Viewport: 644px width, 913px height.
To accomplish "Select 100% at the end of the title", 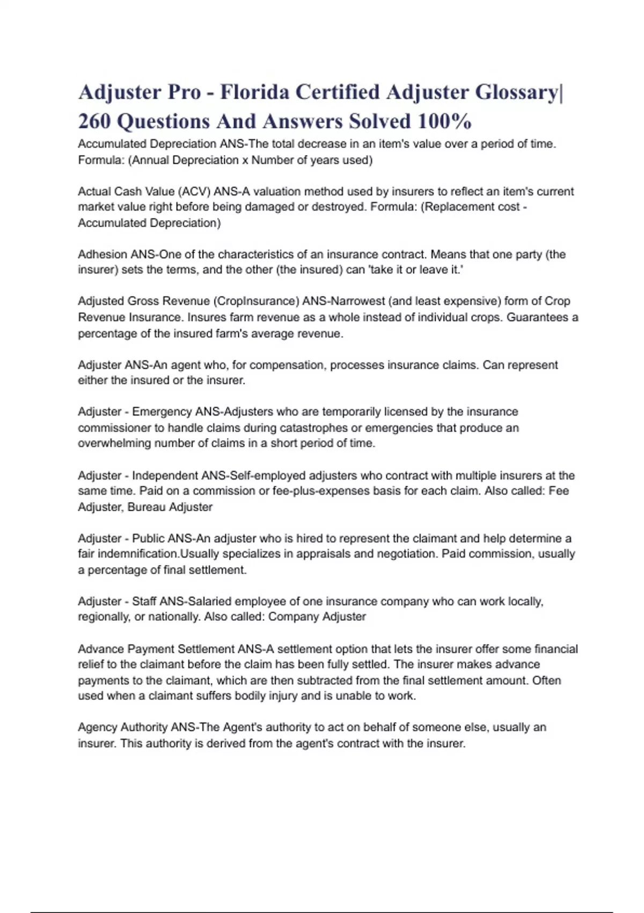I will (x=444, y=121).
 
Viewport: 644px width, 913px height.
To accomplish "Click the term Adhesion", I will (x=101, y=255).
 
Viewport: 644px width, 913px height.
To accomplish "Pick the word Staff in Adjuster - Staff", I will (x=144, y=602).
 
